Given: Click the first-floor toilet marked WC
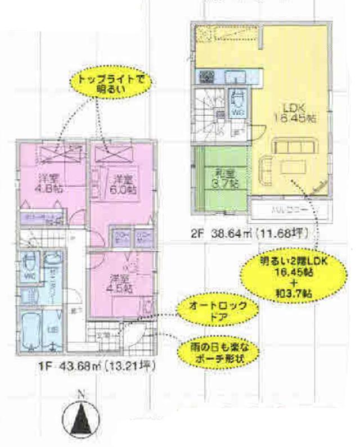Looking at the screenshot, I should point(30,269).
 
